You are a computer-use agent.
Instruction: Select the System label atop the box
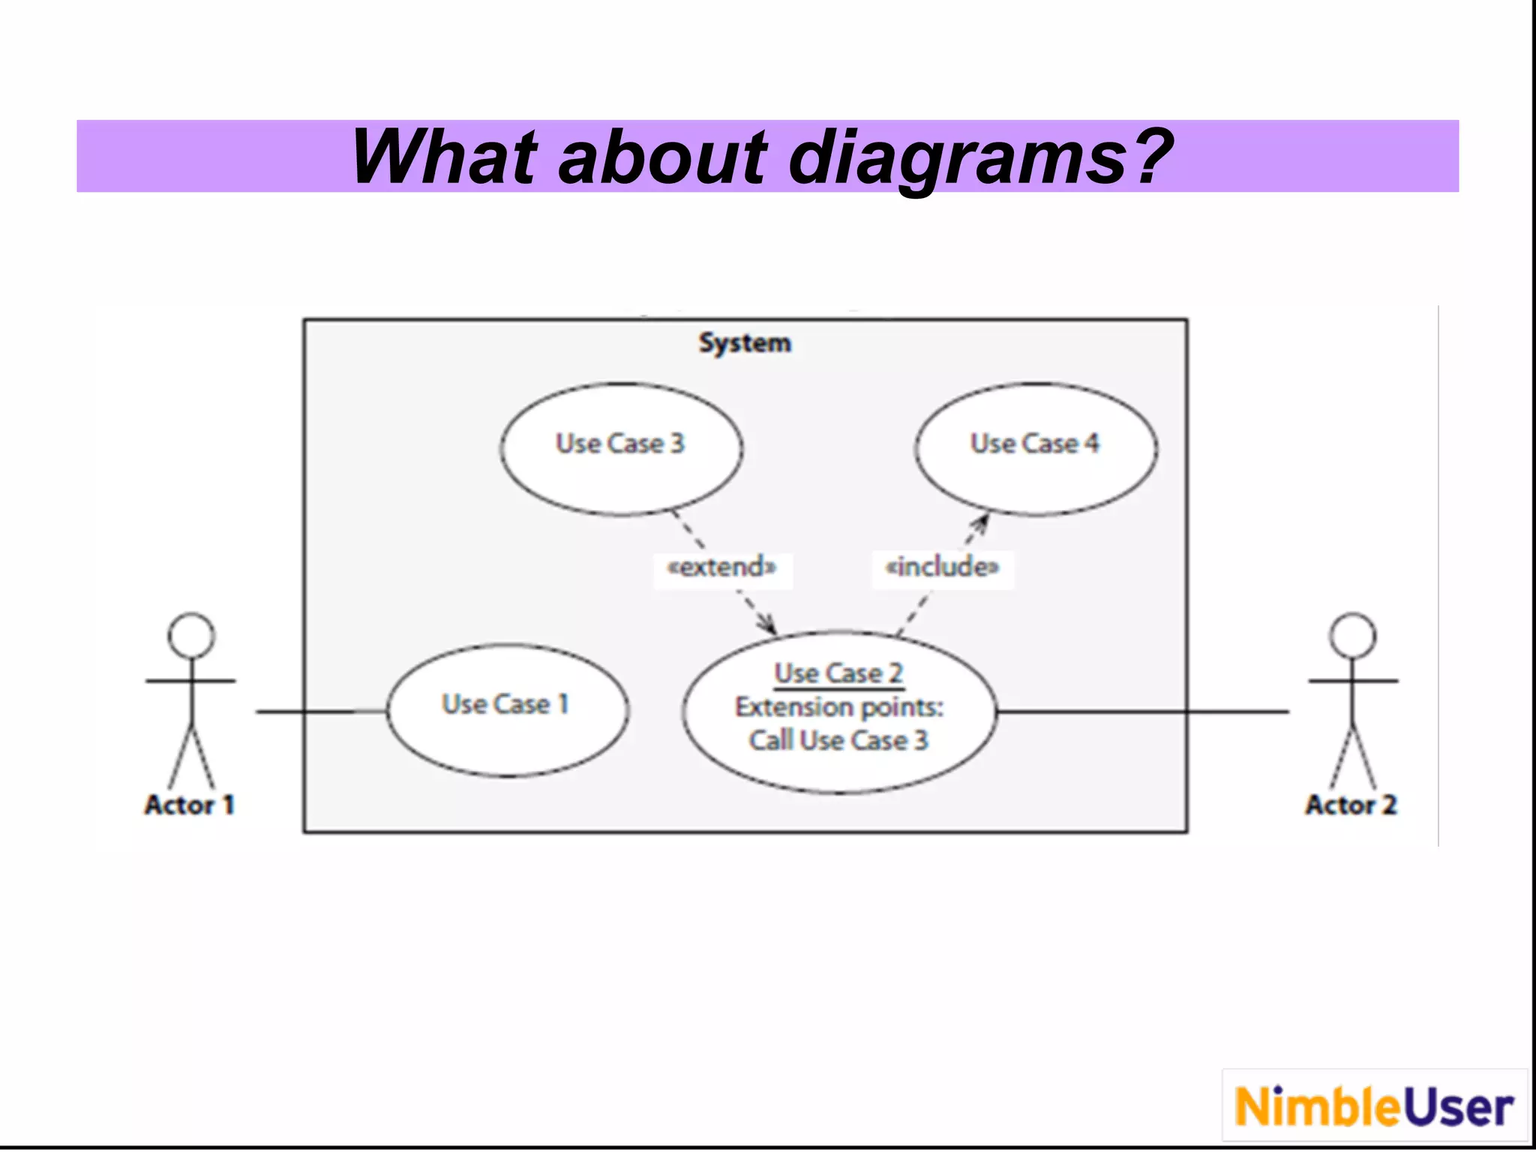[744, 343]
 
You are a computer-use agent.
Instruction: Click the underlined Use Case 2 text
[838, 673]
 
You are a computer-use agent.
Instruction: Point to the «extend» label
[722, 566]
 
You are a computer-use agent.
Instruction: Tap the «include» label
[942, 566]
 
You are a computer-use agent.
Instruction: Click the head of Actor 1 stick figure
[191, 635]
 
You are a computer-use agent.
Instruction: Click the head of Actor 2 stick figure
[1352, 635]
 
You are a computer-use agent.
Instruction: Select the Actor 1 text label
[190, 805]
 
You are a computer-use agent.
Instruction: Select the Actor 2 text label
[1351, 805]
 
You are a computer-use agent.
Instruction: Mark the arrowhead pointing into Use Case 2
[769, 625]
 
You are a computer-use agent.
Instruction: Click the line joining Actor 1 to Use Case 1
[322, 711]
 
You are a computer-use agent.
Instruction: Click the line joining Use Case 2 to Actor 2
[1140, 711]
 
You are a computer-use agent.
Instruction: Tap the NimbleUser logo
[1374, 1106]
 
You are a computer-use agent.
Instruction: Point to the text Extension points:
[838, 706]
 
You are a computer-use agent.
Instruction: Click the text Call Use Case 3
[838, 740]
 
